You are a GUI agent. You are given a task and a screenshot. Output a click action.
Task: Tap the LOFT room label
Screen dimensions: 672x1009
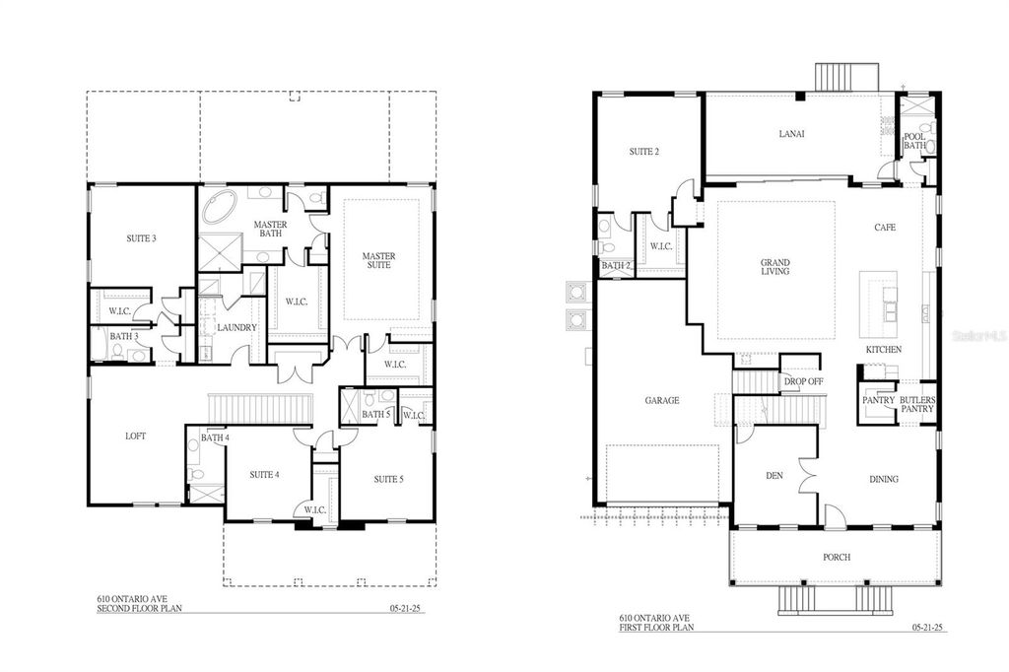136,436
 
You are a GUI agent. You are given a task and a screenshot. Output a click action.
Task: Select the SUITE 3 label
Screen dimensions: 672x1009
141,238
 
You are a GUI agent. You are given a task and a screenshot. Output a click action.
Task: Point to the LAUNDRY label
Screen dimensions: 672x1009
236,327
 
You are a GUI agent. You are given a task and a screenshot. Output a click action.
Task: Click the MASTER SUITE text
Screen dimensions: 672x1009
378,262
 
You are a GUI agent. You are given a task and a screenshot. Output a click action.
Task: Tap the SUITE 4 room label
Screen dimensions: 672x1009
264,474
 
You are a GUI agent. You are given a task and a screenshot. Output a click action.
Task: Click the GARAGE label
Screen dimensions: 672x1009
661,400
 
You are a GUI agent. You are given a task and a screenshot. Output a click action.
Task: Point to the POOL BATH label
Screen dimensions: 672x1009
914,141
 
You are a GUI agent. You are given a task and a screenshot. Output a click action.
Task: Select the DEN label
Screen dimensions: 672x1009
774,476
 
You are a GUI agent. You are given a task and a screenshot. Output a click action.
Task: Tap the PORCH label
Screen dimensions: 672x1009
837,557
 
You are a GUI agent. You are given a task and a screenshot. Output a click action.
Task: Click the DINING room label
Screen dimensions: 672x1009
883,480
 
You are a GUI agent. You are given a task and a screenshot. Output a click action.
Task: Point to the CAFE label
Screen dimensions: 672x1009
884,228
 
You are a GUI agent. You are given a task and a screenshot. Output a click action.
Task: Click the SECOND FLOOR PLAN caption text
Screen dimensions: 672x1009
134,608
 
